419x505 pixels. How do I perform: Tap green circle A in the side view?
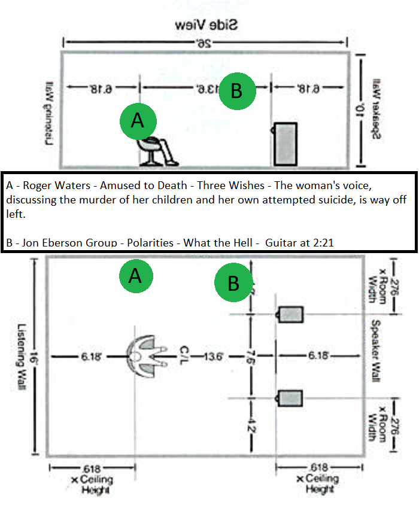[138, 121]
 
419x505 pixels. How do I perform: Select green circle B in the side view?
[236, 92]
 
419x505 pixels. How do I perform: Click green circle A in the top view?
[135, 276]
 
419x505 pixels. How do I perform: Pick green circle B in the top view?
[233, 283]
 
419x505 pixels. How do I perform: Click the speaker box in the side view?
[285, 144]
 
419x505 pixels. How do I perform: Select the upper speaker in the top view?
[291, 314]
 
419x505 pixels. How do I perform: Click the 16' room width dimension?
[36, 357]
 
